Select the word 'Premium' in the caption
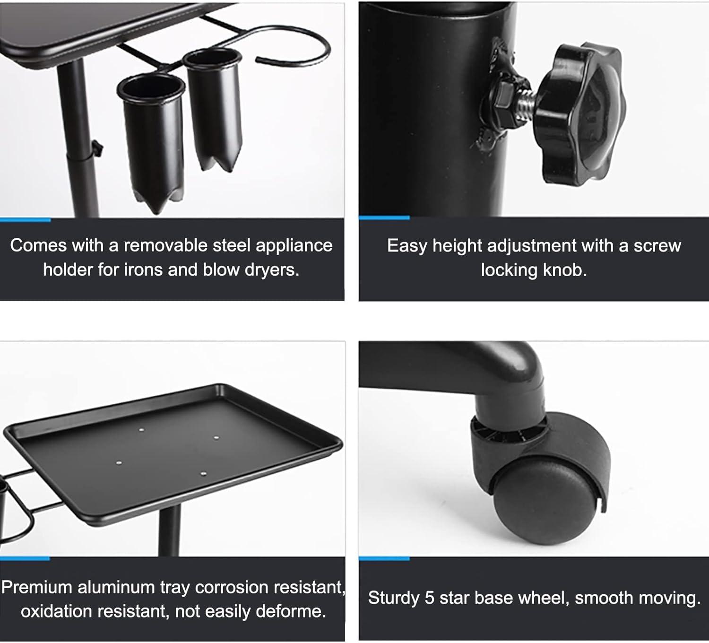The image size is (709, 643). [x=37, y=588]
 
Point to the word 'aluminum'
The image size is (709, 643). [x=116, y=588]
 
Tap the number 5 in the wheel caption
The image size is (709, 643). [x=429, y=598]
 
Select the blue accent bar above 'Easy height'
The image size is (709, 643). [x=384, y=218]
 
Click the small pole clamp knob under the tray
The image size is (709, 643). [x=96, y=148]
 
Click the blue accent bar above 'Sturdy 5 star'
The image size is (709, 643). [x=384, y=559]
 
